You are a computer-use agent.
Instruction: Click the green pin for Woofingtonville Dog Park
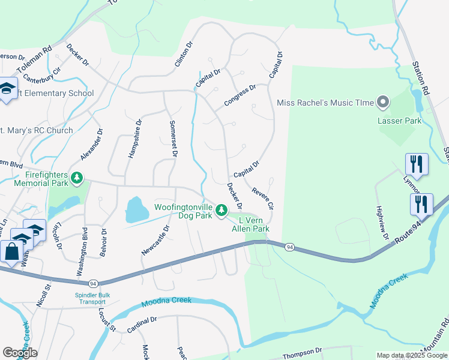221,209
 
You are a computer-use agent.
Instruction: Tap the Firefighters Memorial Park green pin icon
77,178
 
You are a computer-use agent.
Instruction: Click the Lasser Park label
399,120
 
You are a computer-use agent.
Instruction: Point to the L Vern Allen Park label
251,224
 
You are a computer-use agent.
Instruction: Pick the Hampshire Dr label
134,138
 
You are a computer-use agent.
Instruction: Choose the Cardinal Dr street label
142,324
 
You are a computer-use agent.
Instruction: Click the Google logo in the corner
20,352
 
